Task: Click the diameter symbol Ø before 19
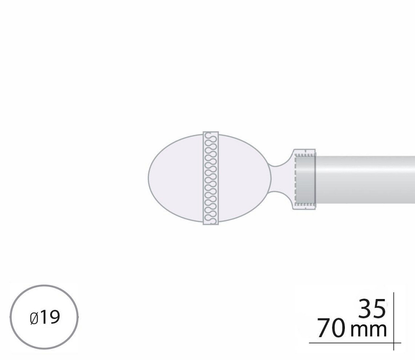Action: pos(34,318)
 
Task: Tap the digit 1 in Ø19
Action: pos(44,318)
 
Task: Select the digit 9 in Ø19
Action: pos(54,318)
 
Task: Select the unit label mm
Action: pos(369,331)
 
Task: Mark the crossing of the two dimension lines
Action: pos(393,343)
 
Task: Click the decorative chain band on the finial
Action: pos(211,178)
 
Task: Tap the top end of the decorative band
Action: pos(211,134)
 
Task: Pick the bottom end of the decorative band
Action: pos(211,223)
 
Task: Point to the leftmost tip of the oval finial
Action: pos(149,178)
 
